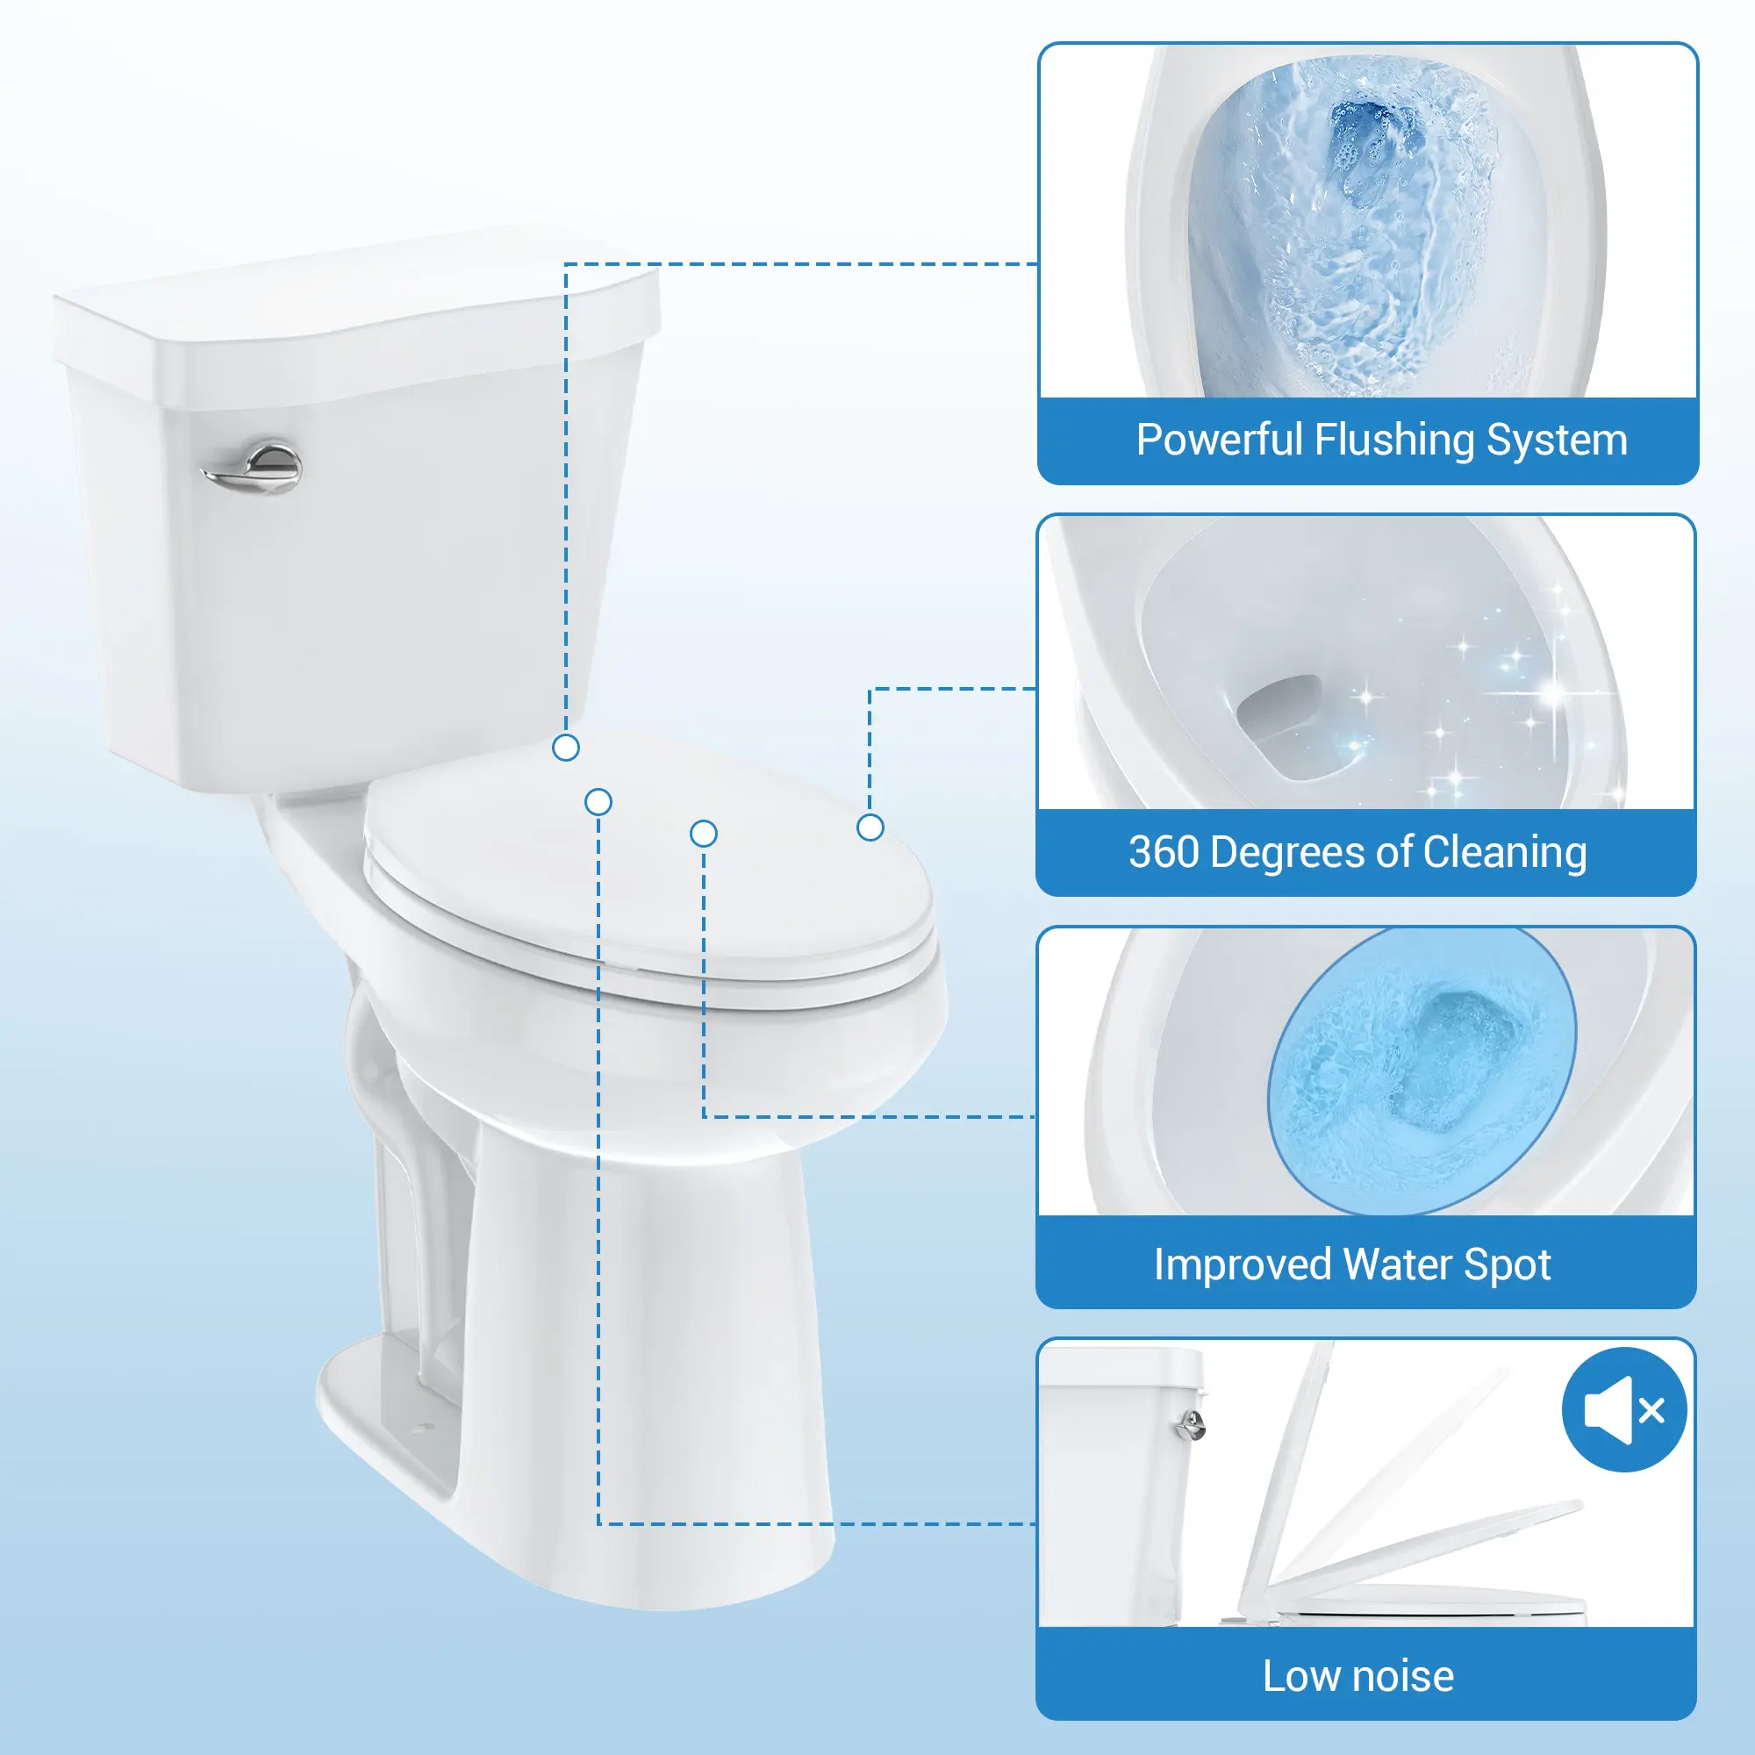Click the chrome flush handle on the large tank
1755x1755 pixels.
tap(253, 469)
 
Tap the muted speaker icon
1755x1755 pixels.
tap(1624, 1410)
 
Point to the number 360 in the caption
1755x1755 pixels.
tap(1164, 852)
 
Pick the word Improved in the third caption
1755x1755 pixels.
tap(1243, 1265)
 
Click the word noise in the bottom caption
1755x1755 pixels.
tap(1403, 1676)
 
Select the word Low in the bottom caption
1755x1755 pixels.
tap(1301, 1676)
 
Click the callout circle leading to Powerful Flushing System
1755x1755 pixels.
tap(566, 748)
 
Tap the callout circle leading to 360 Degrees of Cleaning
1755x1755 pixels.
tap(870, 827)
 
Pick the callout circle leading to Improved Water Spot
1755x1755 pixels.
tap(704, 833)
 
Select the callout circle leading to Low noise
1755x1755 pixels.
tap(598, 802)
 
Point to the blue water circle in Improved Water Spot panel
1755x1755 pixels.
tap(1422, 1070)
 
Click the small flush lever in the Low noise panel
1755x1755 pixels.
tap(1190, 1423)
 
